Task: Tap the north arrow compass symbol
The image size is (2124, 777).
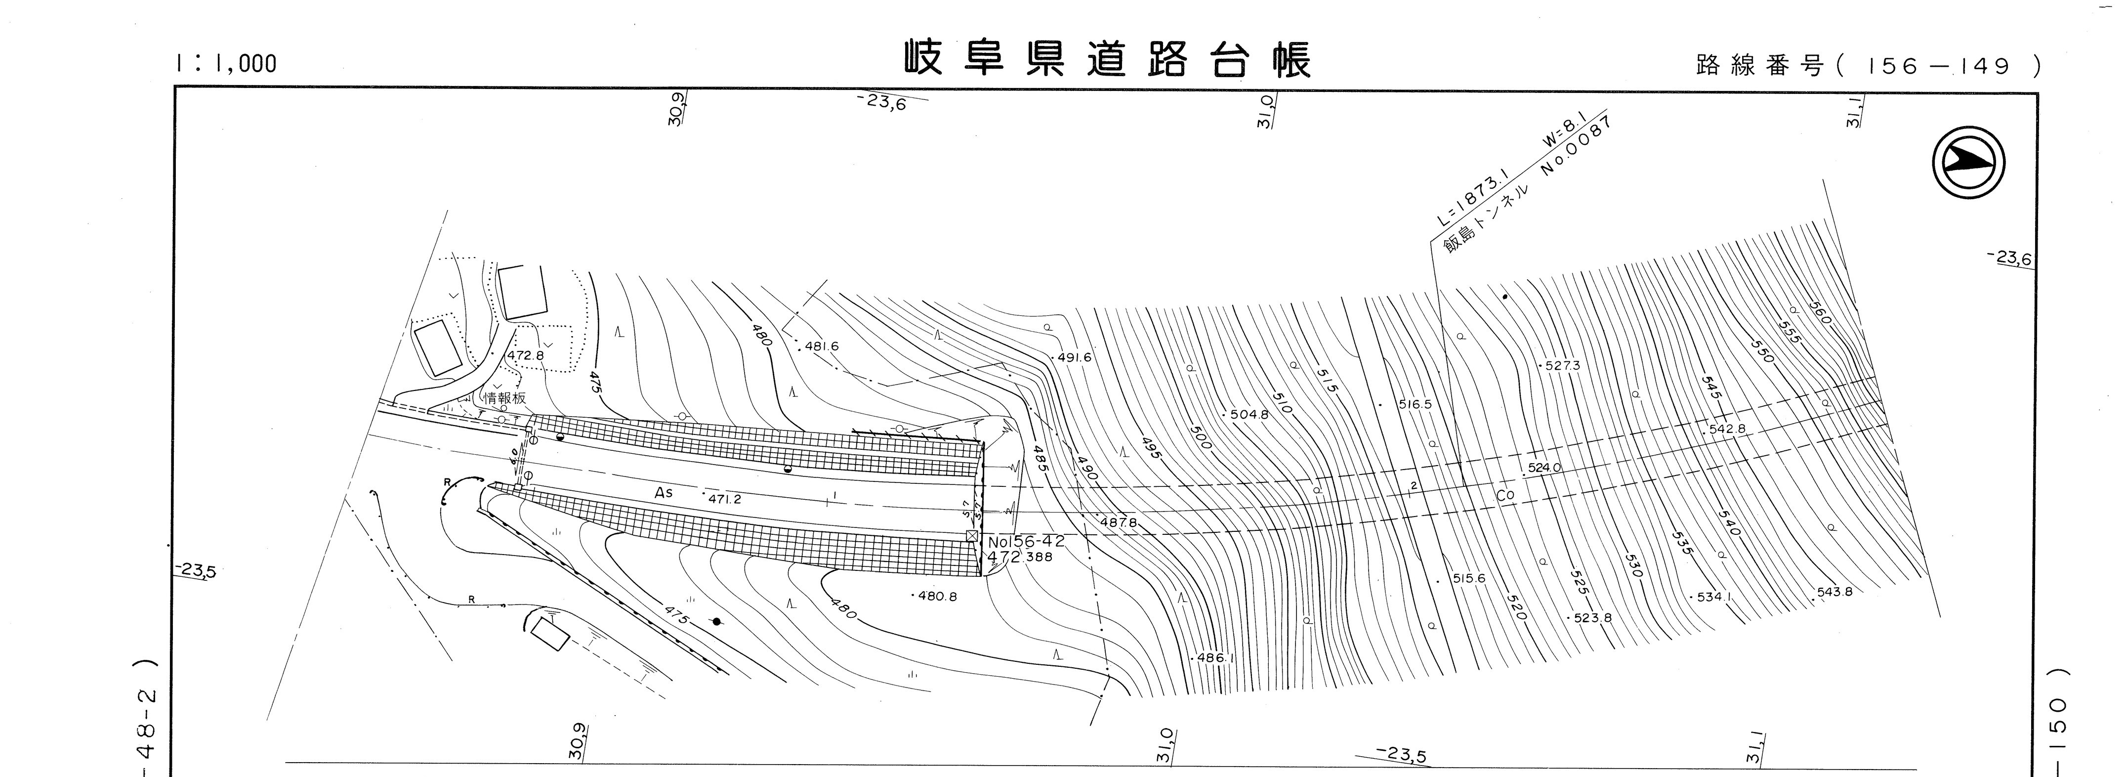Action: [1968, 163]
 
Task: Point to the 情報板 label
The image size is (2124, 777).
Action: [504, 397]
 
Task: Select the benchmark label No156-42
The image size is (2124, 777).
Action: [1027, 542]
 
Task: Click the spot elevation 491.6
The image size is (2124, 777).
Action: [1074, 358]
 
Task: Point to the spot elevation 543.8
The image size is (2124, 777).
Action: [1834, 592]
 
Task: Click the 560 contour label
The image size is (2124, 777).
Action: [1819, 312]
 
